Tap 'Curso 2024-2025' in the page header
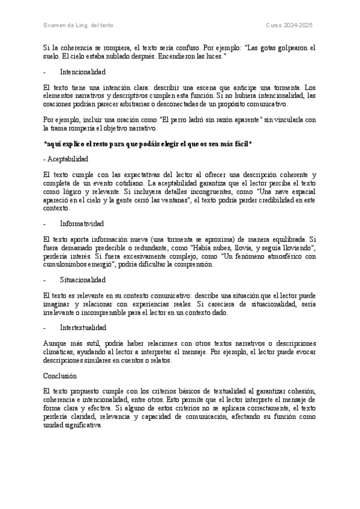click(290, 25)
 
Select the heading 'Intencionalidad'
click(83, 71)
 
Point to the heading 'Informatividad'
click(82, 223)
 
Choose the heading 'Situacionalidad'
click(83, 280)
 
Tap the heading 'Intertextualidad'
click(83, 328)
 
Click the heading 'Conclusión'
click(61, 376)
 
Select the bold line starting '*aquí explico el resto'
click(148, 144)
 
